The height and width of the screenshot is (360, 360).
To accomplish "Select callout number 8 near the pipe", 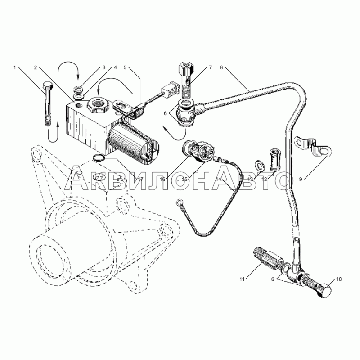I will pyautogui.click(x=221, y=67).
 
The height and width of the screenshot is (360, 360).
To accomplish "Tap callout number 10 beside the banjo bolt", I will pyautogui.click(x=339, y=279).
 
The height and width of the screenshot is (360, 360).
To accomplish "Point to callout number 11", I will pyautogui.click(x=242, y=279).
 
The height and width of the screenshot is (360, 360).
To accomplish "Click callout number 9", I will pyautogui.click(x=301, y=179).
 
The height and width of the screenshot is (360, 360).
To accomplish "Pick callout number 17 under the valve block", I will pyautogui.click(x=140, y=179).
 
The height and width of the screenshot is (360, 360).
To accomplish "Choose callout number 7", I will pyautogui.click(x=210, y=67).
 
